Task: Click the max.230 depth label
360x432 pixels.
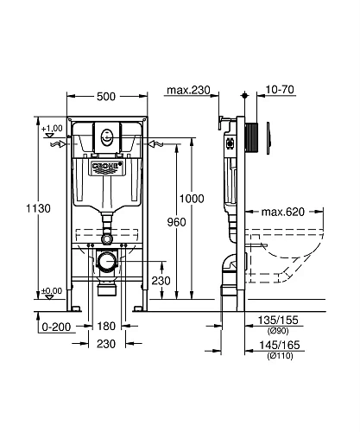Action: tap(187, 90)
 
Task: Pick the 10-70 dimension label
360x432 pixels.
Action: tap(280, 90)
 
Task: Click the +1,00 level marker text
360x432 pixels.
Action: tap(53, 129)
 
